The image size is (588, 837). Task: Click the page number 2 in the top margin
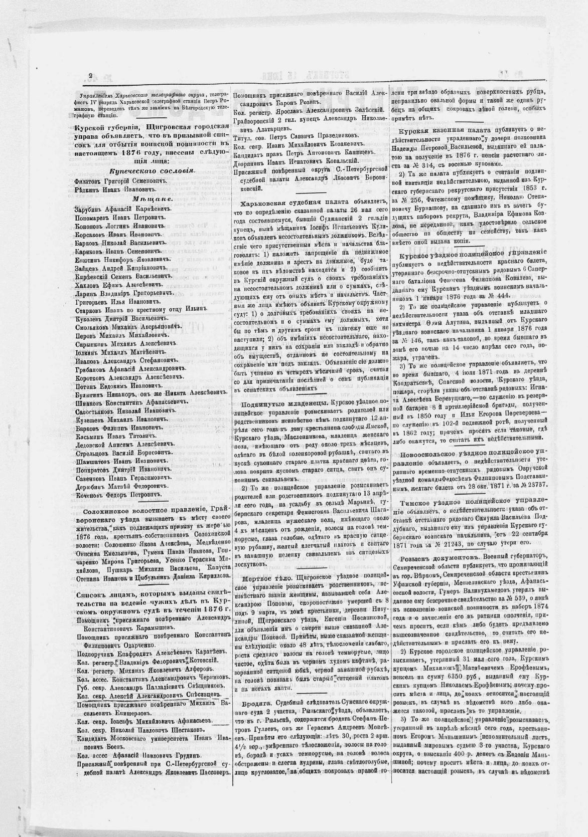pyautogui.click(x=91, y=76)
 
